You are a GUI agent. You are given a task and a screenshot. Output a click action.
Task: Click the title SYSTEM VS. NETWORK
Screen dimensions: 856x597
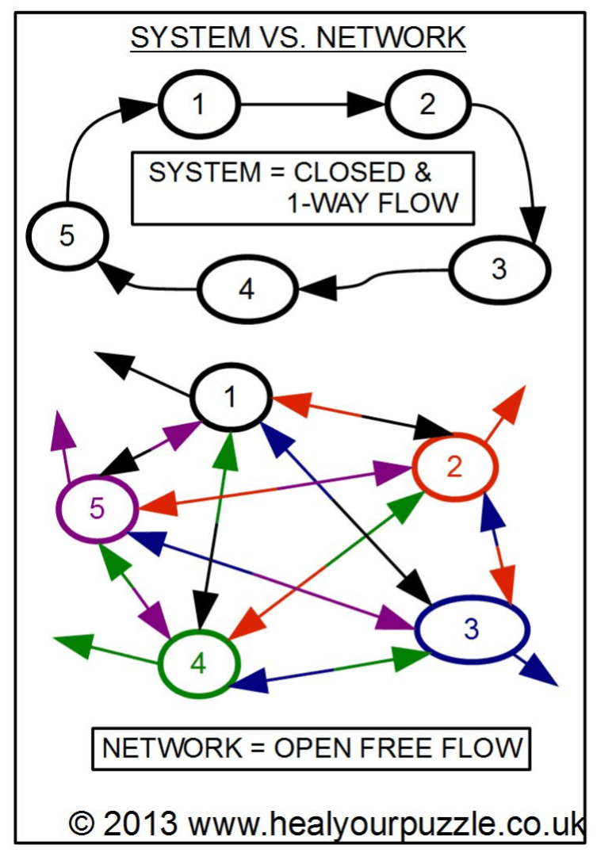[297, 37]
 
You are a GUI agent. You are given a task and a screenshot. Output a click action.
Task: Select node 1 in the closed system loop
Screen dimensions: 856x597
[198, 105]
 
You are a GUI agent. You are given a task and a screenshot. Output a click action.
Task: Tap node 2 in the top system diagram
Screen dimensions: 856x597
[427, 105]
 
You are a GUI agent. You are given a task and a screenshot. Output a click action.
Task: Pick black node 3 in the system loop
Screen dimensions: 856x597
[498, 269]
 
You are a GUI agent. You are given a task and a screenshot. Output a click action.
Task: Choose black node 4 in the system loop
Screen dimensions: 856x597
[247, 290]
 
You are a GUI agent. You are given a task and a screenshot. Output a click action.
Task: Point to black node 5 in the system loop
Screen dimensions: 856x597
[67, 237]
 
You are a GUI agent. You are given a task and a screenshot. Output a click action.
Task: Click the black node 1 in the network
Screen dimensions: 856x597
[231, 396]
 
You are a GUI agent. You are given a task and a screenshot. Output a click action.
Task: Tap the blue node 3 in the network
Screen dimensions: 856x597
[472, 629]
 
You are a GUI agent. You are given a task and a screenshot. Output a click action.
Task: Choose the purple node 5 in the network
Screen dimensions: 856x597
[97, 508]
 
